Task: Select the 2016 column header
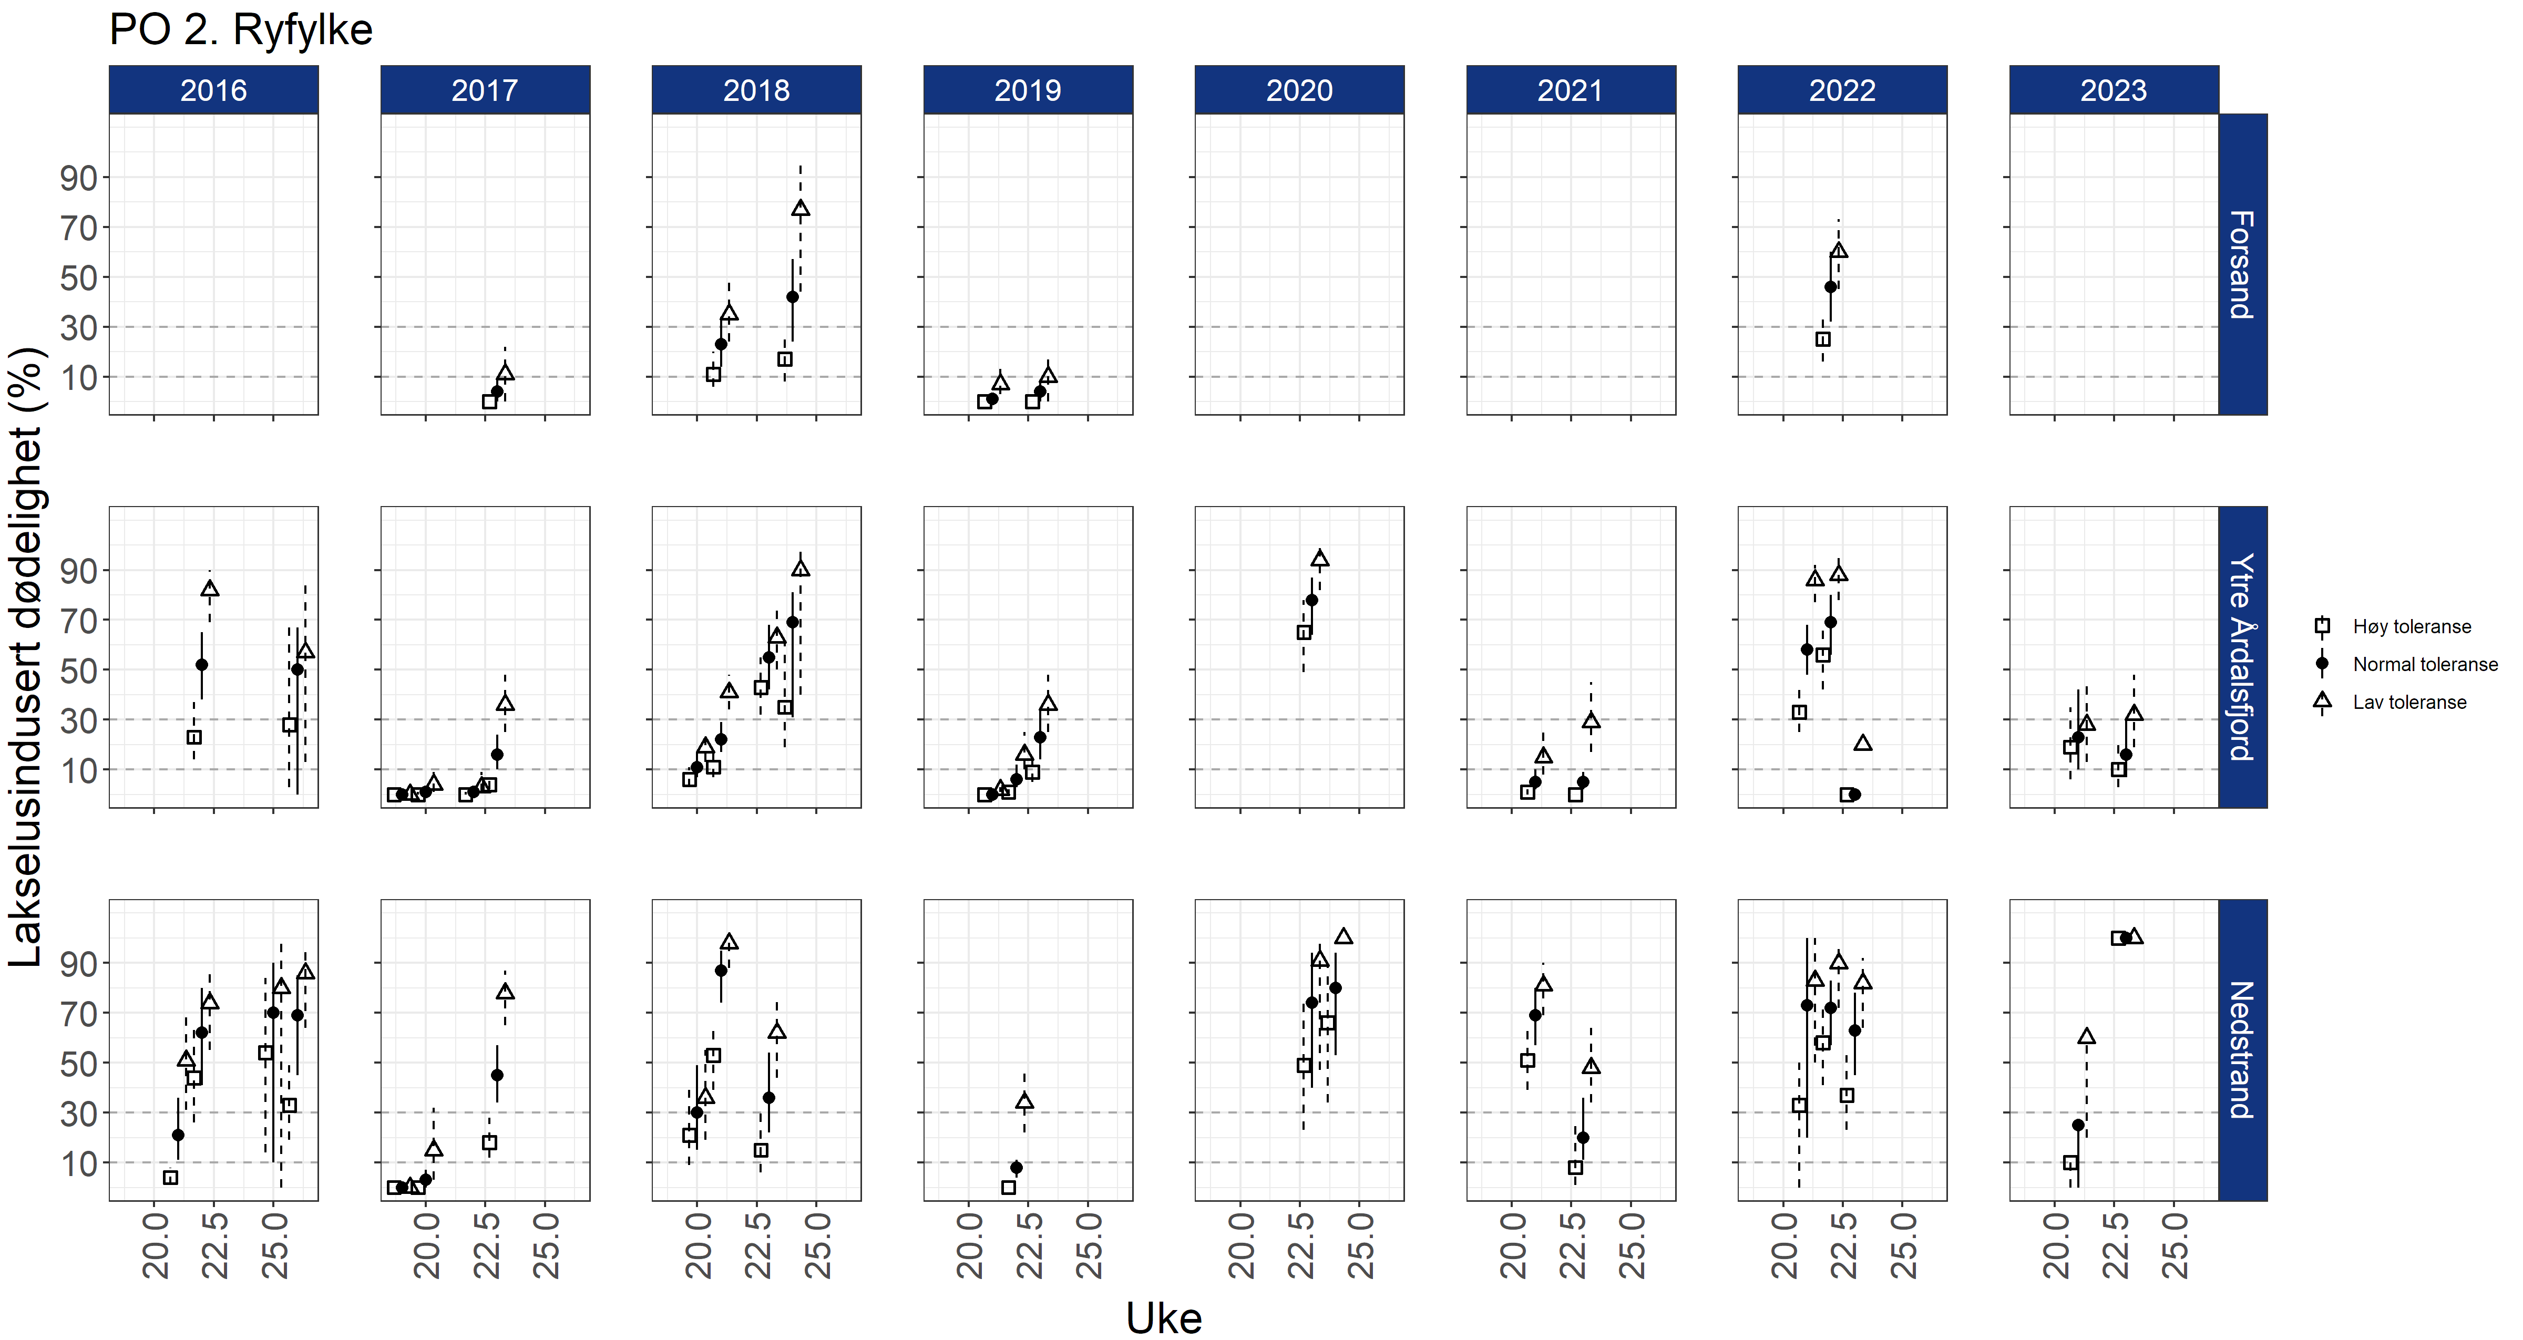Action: coord(213,90)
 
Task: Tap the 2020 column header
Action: coord(1299,90)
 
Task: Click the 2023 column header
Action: coord(2114,90)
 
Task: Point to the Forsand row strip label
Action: coord(2242,264)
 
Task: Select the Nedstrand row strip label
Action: coord(2242,1049)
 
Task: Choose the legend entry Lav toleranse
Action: coord(2409,703)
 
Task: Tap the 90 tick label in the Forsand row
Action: coord(78,178)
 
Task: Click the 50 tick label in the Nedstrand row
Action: coord(78,1064)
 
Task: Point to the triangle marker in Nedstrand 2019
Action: coord(1024,1101)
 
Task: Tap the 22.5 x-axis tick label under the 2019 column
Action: coord(1029,1246)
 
